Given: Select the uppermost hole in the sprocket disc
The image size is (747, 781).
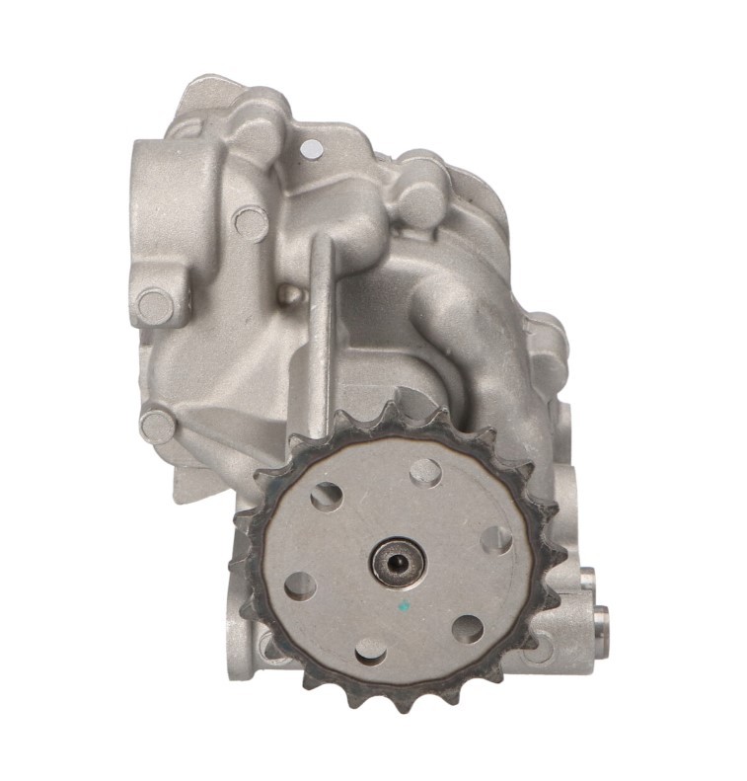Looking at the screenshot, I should [425, 472].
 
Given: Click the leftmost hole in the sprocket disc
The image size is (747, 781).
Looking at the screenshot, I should [300, 586].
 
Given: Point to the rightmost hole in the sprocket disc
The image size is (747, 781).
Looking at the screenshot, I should [496, 539].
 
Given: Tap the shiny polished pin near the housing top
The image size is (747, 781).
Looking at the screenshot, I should [313, 150].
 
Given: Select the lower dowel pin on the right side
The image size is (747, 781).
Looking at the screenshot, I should [598, 621].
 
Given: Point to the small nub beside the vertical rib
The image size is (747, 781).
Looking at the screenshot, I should [286, 293].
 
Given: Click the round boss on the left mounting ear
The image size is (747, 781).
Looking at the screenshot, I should [156, 305].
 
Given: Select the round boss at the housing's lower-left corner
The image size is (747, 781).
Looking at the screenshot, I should [158, 427].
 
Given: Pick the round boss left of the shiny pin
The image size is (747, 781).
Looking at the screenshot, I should [252, 223].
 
